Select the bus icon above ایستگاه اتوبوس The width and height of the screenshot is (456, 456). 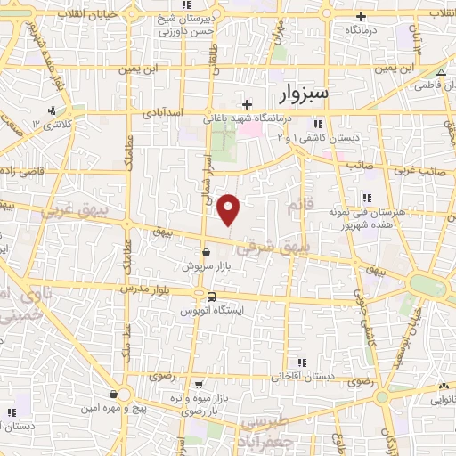[x=211, y=297]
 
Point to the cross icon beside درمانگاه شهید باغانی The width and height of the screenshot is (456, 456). [x=247, y=104]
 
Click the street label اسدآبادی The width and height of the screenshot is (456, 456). [x=163, y=114]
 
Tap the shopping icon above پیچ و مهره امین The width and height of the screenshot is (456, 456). [x=114, y=393]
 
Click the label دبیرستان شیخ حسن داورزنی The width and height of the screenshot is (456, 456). [x=184, y=25]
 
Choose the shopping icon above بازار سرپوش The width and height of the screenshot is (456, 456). [x=206, y=252]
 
